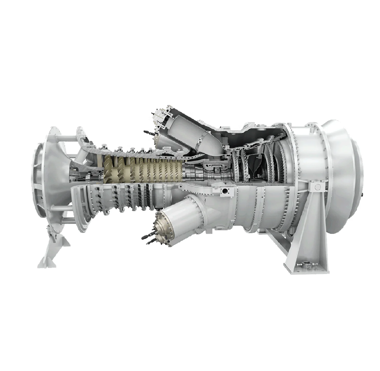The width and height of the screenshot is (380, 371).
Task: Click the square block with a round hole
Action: (x=226, y=191)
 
